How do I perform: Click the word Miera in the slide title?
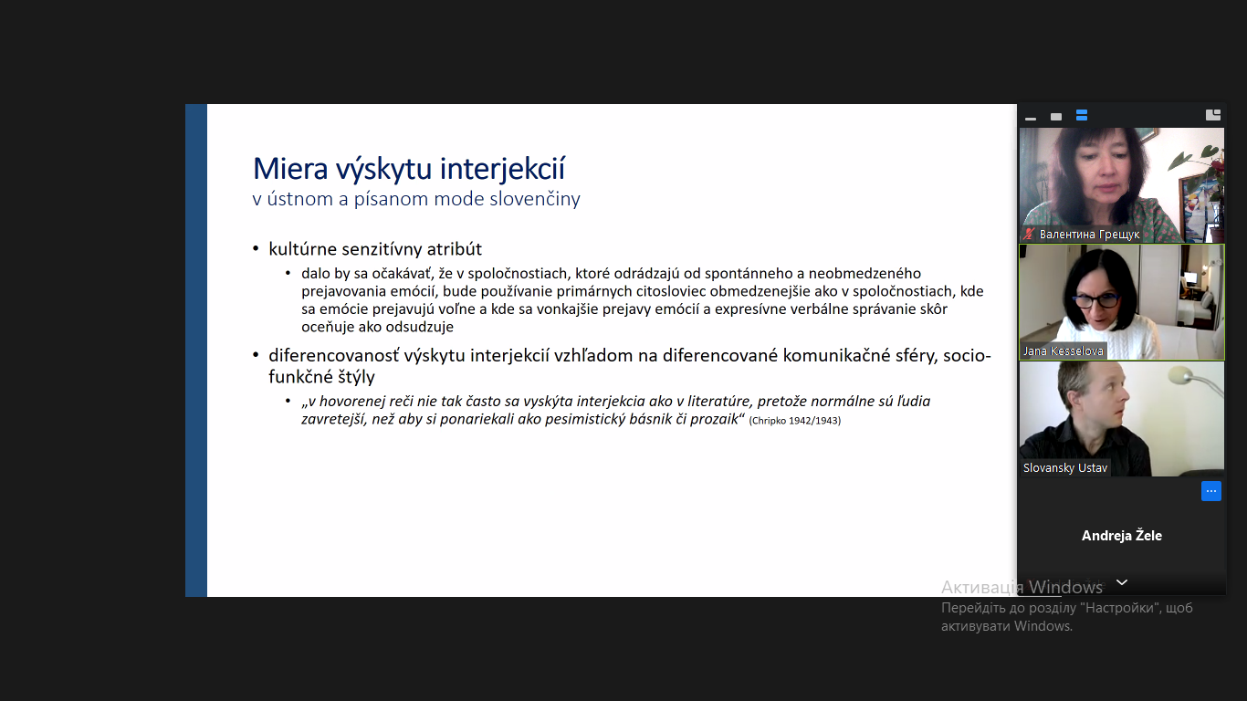click(x=290, y=169)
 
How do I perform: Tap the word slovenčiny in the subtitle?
click(x=534, y=199)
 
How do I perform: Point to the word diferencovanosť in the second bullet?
click(x=333, y=355)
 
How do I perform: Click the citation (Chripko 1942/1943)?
click(x=794, y=421)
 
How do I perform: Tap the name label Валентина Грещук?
click(x=1089, y=235)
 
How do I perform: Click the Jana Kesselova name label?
click(x=1063, y=350)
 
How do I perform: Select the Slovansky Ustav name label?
click(x=1065, y=467)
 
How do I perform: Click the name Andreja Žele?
click(x=1121, y=536)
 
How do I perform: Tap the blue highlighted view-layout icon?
click(x=1082, y=115)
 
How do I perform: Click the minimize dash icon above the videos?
click(x=1031, y=119)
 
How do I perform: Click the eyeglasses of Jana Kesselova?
click(x=1095, y=300)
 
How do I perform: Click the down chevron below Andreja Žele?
click(x=1122, y=582)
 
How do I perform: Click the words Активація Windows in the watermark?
click(x=1022, y=588)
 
